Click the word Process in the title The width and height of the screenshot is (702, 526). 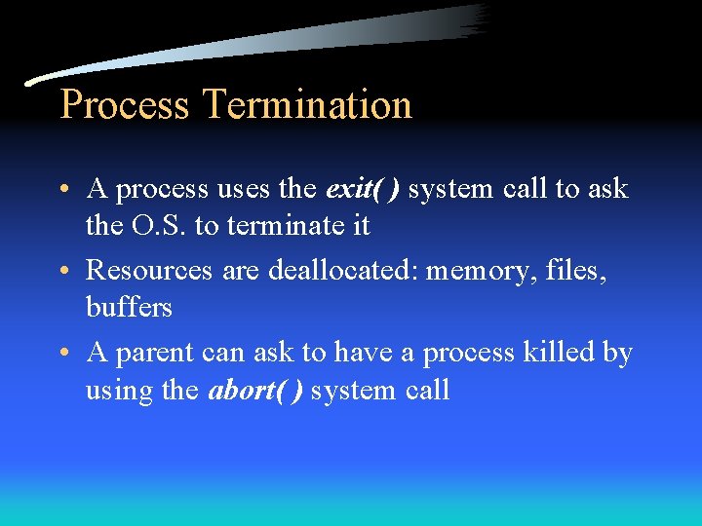pyautogui.click(x=124, y=104)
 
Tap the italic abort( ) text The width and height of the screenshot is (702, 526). pyautogui.click(x=255, y=391)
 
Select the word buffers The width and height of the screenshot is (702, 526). pyautogui.click(x=129, y=308)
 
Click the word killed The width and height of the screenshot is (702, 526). pyautogui.click(x=558, y=352)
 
